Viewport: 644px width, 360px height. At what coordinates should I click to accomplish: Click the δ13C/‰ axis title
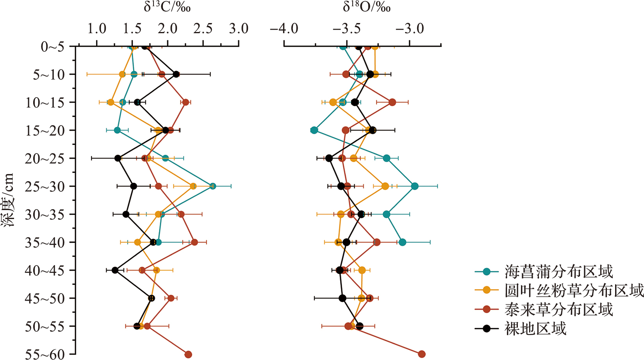click(167, 7)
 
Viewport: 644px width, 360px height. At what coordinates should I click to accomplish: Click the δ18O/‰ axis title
click(366, 7)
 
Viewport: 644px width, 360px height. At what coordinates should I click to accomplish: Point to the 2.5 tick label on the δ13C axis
click(203, 29)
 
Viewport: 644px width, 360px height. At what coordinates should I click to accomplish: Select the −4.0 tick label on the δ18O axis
click(284, 29)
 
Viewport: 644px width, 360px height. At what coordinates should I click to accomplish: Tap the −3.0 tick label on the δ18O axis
click(409, 29)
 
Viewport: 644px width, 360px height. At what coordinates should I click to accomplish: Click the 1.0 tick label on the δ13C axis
click(96, 29)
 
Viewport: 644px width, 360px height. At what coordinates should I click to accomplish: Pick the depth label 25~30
click(45, 187)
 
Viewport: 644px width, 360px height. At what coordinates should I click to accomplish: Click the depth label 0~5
click(52, 47)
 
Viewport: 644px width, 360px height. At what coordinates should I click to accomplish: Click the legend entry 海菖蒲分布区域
click(558, 271)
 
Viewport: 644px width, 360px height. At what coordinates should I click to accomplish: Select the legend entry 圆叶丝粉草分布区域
click(574, 290)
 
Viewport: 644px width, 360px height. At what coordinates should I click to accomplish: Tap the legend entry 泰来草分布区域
click(558, 309)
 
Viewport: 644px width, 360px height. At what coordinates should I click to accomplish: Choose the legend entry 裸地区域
click(535, 328)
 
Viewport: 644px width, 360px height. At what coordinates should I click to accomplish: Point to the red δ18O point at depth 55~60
click(422, 354)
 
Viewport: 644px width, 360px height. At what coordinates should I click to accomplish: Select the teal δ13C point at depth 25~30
click(213, 186)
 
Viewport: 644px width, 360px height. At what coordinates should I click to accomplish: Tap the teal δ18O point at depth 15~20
click(314, 130)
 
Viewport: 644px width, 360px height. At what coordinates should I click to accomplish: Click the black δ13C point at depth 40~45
click(115, 270)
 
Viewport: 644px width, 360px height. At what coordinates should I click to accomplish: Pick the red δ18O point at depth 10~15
click(392, 102)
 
